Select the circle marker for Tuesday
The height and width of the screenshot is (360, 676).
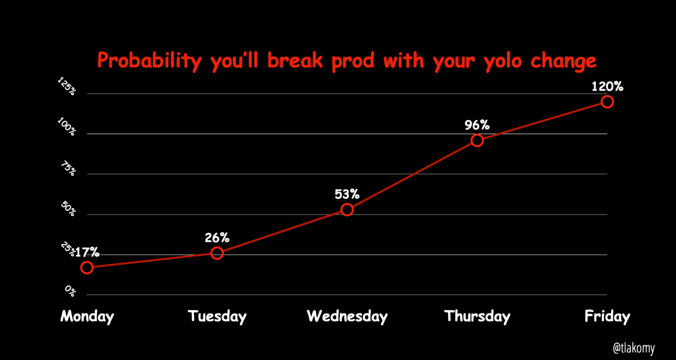(217, 248)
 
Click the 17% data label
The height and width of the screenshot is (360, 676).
(87, 252)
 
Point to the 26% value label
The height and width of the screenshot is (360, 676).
(217, 238)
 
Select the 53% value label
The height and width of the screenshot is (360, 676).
(347, 194)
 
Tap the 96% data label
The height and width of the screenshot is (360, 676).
(477, 125)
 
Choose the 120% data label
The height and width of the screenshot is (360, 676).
(607, 87)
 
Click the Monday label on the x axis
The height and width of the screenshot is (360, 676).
(87, 317)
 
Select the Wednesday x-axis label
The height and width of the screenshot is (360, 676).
(347, 317)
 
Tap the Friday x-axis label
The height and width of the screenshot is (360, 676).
(607, 317)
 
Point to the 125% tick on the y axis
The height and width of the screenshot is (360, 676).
(67, 86)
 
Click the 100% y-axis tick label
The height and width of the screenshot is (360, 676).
(67, 127)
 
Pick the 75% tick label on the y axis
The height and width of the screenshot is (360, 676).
(69, 168)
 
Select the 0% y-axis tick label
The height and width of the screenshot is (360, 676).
(70, 291)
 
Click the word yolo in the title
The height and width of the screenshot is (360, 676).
(503, 62)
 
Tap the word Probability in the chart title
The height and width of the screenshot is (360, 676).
(149, 61)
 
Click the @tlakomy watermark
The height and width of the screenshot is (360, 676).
(634, 348)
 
